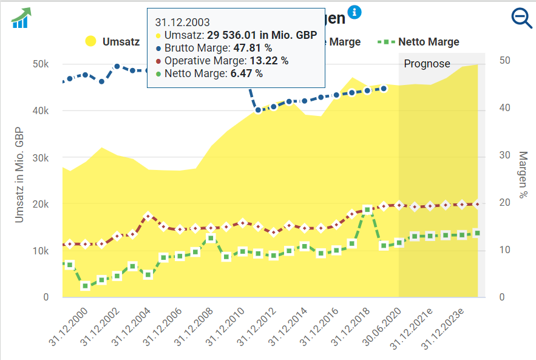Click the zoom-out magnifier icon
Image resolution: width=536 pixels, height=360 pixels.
point(521,18)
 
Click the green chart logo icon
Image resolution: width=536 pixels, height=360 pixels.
point(21,18)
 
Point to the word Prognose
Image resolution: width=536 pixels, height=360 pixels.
point(427,64)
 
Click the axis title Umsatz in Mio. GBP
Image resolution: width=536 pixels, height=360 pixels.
point(20,174)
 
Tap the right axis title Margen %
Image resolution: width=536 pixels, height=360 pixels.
point(523,175)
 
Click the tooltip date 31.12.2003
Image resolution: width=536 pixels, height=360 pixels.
point(182,23)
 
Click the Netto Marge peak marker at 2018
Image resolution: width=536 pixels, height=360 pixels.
point(367,210)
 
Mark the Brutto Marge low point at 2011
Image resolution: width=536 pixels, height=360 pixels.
point(258,110)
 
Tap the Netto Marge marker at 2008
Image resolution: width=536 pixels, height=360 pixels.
point(211,239)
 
